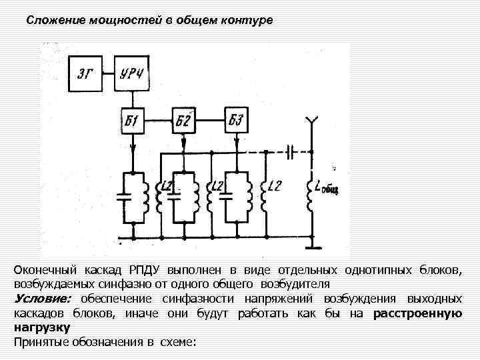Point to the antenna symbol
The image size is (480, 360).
coord(309,123)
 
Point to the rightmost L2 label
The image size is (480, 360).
coord(274,187)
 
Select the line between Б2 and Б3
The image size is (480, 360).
coord(209,120)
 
